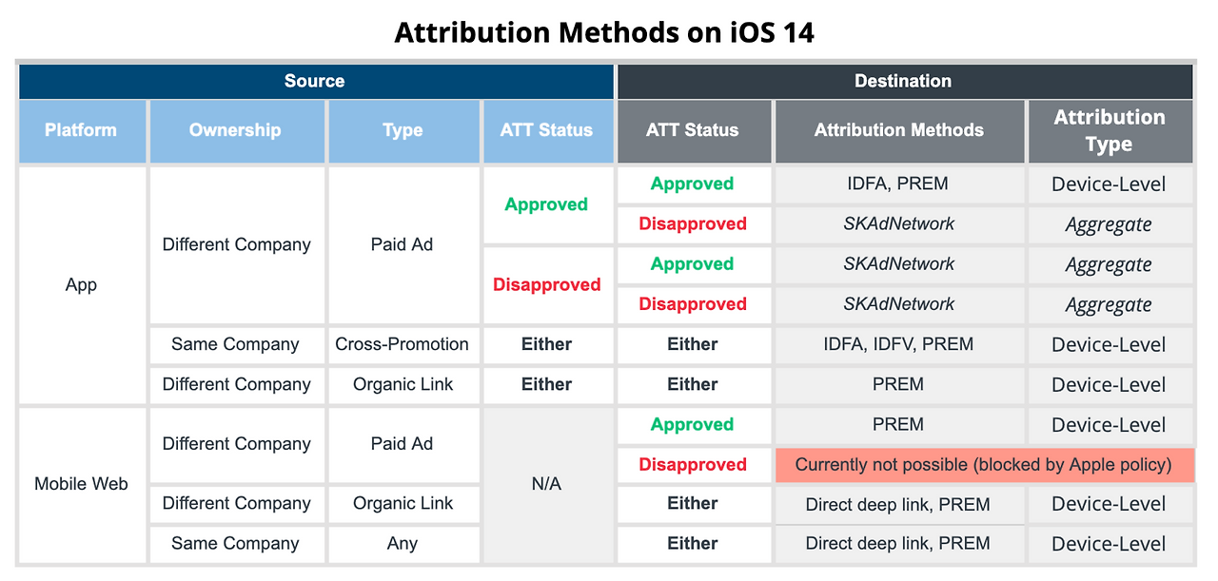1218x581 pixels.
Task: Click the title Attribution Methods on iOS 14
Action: pyautogui.click(x=604, y=32)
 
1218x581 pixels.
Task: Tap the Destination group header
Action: pyautogui.click(x=904, y=81)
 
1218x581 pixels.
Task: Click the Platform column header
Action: pyautogui.click(x=82, y=130)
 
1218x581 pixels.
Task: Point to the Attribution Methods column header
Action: pyautogui.click(x=899, y=130)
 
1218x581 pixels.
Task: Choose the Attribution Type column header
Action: pyautogui.click(x=1110, y=130)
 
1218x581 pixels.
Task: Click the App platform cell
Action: pyautogui.click(x=82, y=284)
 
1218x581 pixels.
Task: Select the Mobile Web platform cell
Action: pyautogui.click(x=82, y=484)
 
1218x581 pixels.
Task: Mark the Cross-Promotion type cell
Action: pyautogui.click(x=403, y=344)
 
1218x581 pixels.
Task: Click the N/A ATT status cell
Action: pyautogui.click(x=547, y=484)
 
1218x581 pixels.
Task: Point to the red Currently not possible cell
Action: pyautogui.click(x=984, y=465)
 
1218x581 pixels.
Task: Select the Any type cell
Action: pyautogui.click(x=403, y=544)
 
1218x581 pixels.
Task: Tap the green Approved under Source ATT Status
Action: pyautogui.click(x=546, y=204)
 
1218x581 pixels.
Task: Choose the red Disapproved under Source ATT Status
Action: pyautogui.click(x=546, y=284)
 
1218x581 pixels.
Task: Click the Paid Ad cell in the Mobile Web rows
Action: pyautogui.click(x=403, y=444)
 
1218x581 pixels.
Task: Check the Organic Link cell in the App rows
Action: pyautogui.click(x=403, y=385)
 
